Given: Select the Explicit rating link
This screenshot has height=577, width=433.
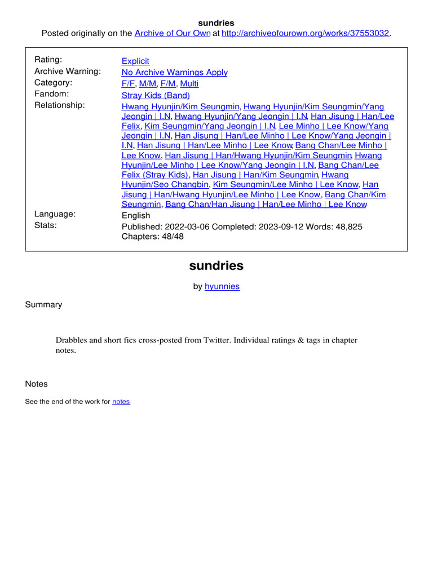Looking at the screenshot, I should [x=135, y=61].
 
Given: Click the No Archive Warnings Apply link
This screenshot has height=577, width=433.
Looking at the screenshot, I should [x=175, y=72].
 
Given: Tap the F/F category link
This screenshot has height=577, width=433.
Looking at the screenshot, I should [x=129, y=83].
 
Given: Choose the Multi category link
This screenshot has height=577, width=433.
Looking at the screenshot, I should [x=189, y=83].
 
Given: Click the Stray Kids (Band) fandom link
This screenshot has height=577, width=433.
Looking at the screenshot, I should [x=156, y=95].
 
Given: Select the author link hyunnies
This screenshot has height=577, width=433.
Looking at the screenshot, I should [x=222, y=286].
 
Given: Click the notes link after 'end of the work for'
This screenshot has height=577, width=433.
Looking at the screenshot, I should [x=121, y=402].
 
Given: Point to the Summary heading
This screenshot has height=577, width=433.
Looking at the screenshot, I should [x=43, y=305].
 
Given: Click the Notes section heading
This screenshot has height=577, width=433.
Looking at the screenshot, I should [x=37, y=384].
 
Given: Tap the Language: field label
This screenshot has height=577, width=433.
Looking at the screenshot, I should [x=55, y=214].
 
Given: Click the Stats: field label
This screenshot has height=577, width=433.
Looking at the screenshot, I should [x=46, y=225].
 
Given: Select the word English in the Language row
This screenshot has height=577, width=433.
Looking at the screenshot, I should [x=136, y=215].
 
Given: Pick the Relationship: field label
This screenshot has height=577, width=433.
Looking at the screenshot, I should [x=60, y=105].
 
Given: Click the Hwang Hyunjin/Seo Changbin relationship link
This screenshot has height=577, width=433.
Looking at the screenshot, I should [x=166, y=184].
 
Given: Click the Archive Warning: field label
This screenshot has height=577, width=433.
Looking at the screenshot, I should [x=68, y=71].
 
